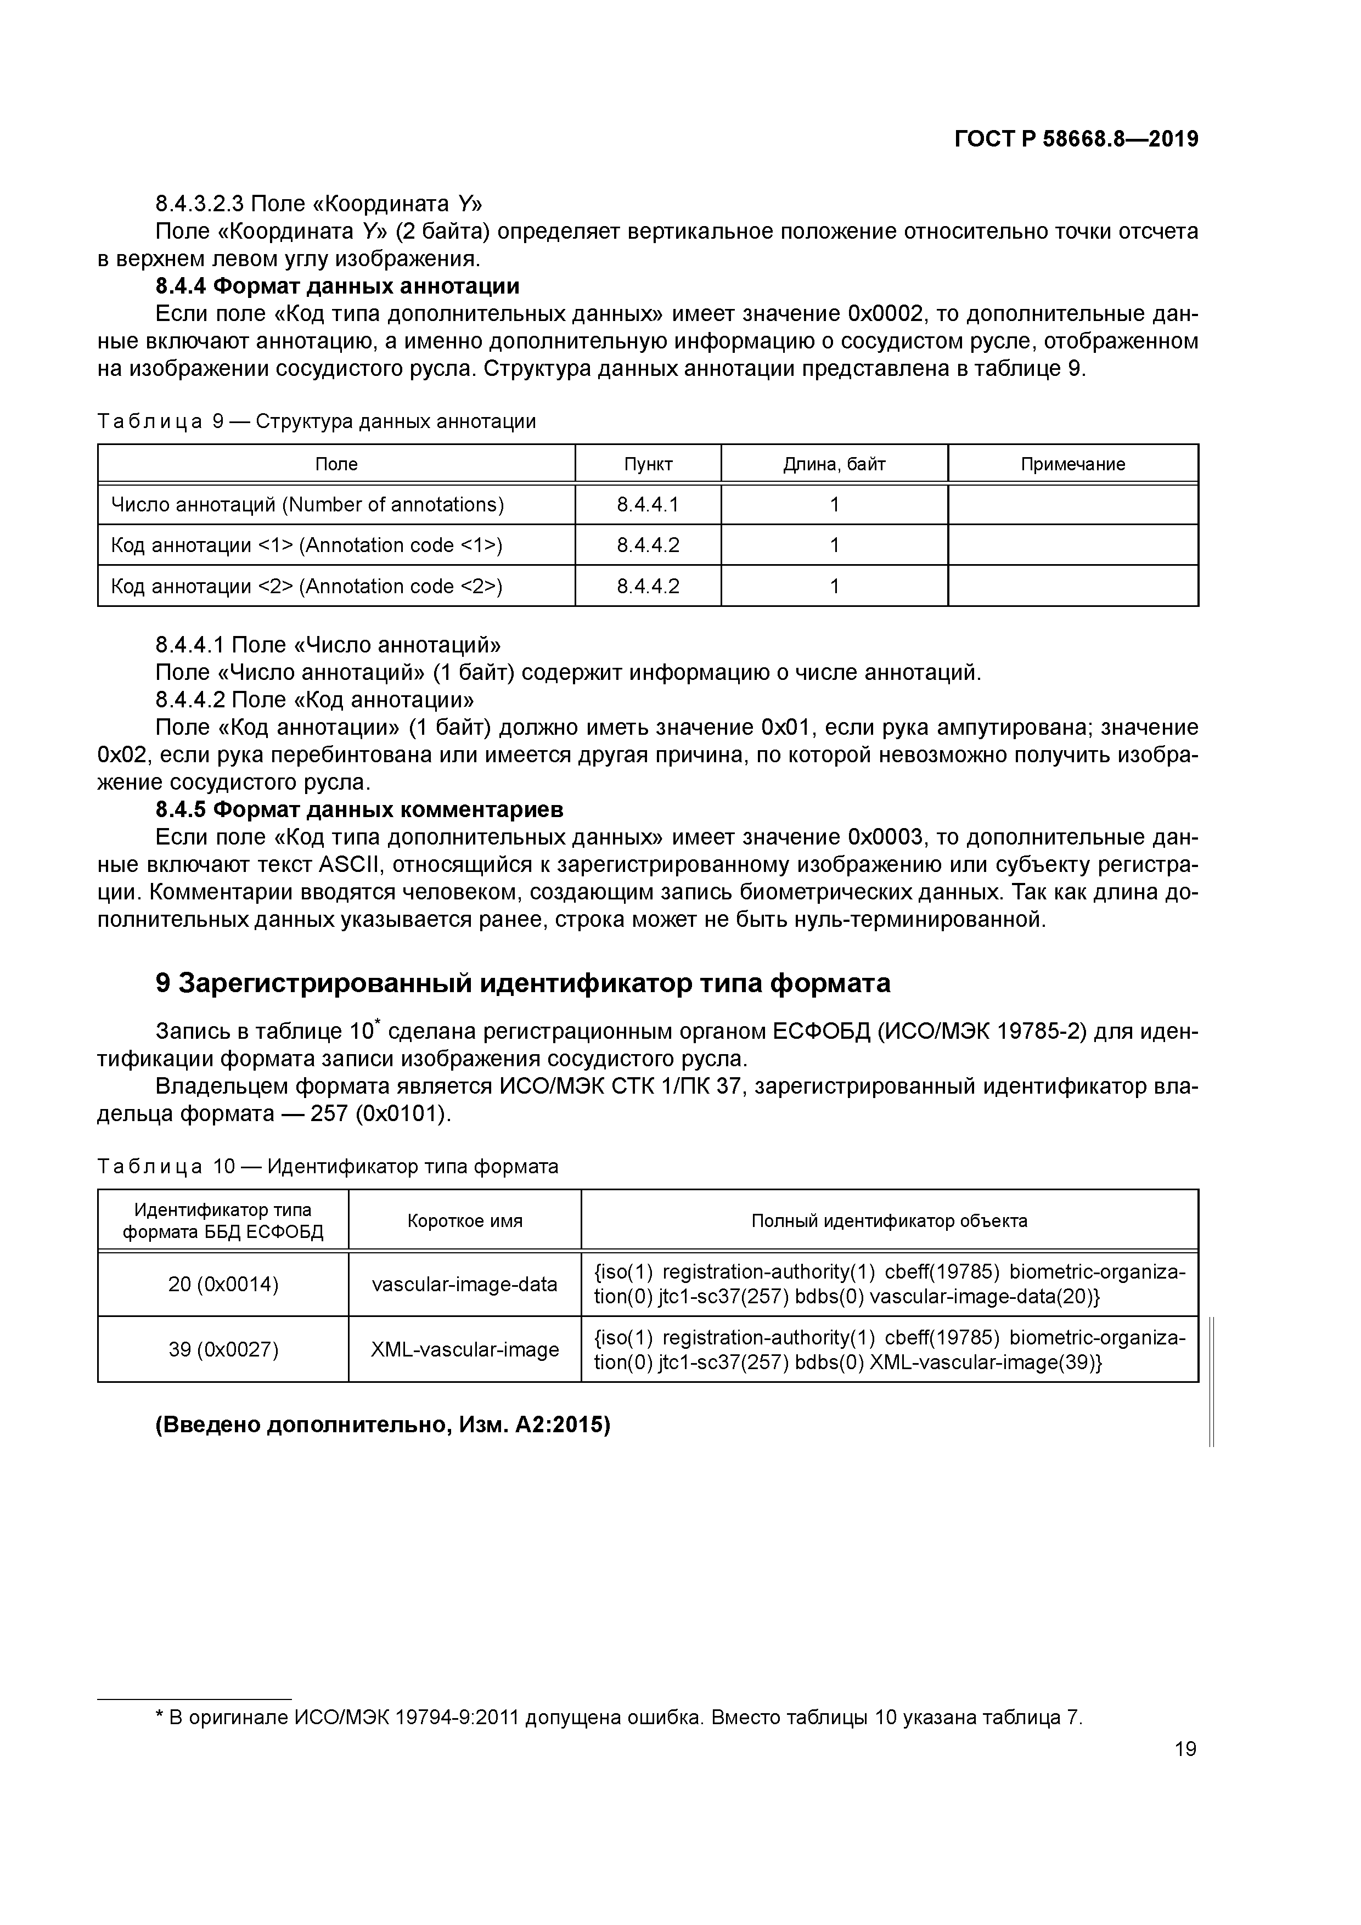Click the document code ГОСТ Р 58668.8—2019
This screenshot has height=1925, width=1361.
coord(1076,139)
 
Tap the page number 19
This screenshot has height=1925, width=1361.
coord(1185,1749)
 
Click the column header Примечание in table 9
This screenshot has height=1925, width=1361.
coord(1072,464)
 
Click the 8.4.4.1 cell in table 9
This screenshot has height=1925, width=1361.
coord(648,505)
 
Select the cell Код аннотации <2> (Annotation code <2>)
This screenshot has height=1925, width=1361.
coord(307,586)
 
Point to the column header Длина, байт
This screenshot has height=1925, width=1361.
coord(834,464)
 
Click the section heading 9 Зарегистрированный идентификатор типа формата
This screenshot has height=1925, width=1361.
coord(522,983)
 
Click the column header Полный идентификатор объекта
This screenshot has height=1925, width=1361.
coord(889,1221)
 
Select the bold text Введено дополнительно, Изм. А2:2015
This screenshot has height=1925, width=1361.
coord(383,1425)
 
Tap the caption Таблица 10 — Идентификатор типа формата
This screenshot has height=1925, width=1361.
coord(328,1166)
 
